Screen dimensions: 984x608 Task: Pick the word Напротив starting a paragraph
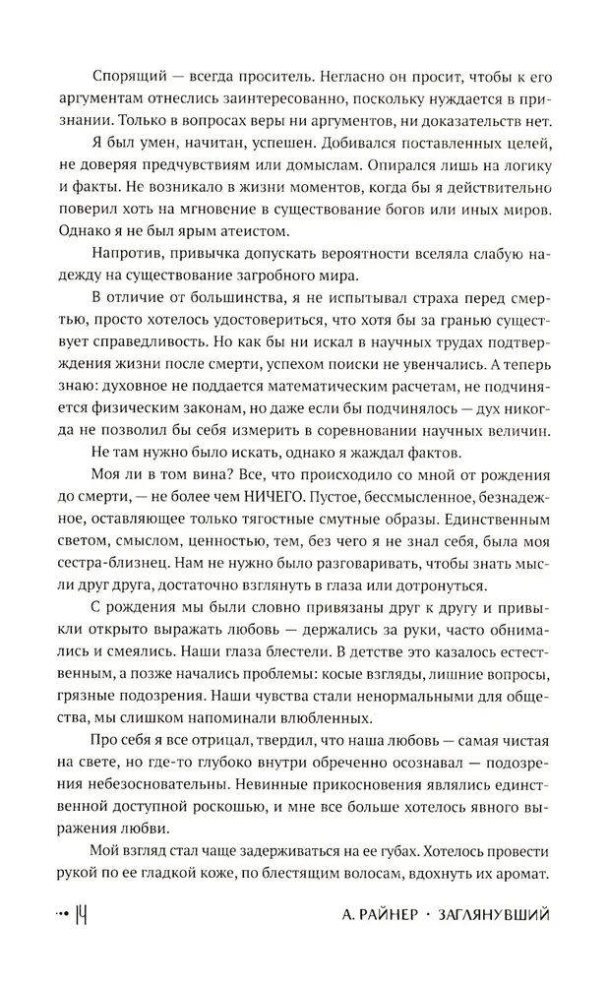pyautogui.click(x=122, y=261)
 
